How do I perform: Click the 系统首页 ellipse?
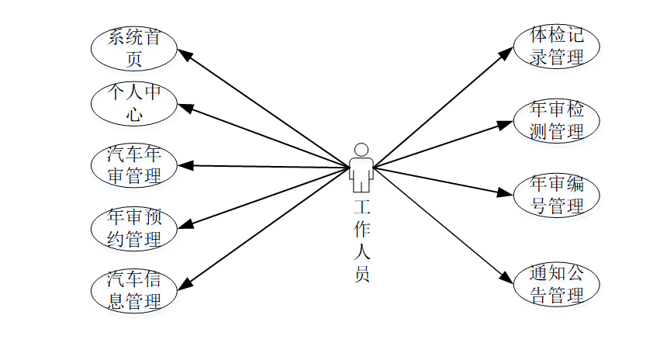[134, 47]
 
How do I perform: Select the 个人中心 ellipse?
[134, 105]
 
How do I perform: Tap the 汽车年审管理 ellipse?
[134, 165]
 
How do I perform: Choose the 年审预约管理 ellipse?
[134, 228]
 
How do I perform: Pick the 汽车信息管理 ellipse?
[134, 290]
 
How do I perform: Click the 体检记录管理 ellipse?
[556, 46]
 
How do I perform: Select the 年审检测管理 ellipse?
[556, 120]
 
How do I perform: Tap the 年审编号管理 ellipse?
[556, 195]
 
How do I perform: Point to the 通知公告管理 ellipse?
[556, 285]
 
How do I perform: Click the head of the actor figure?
[361, 150]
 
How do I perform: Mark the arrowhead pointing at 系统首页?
[185, 54]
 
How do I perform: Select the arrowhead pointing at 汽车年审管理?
[185, 164]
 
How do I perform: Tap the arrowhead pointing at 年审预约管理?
[185, 227]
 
